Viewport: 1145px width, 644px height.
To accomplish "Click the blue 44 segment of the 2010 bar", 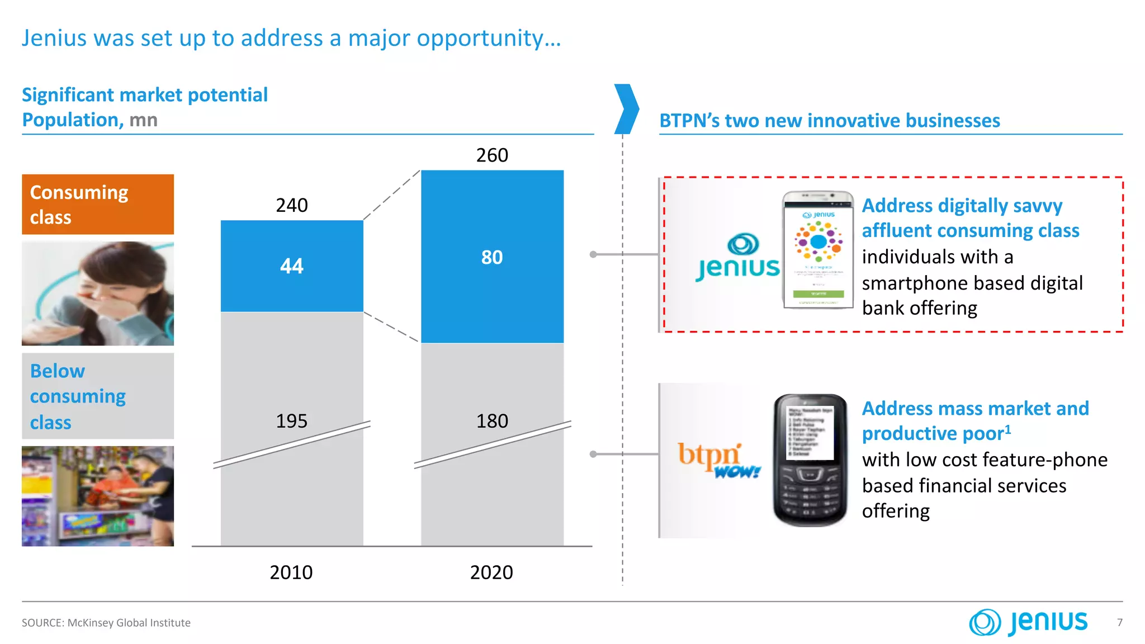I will (292, 266).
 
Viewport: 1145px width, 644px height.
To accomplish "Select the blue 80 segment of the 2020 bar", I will (492, 257).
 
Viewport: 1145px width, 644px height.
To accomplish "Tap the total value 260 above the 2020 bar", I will (492, 155).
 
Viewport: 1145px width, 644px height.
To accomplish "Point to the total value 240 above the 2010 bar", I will (292, 205).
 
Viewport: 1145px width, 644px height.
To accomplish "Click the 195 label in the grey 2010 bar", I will (292, 421).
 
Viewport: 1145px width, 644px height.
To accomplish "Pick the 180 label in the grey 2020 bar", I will (492, 421).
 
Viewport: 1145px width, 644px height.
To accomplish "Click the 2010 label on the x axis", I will (291, 572).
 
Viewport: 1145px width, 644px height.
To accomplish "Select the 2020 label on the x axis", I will (491, 572).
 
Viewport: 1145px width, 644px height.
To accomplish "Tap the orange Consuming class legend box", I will (98, 205).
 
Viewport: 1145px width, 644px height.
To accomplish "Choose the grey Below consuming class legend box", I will (98, 396).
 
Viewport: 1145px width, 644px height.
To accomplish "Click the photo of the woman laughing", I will (98, 293).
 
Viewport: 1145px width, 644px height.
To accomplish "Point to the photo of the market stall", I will (98, 496).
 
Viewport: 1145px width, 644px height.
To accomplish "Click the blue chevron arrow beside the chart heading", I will (626, 109).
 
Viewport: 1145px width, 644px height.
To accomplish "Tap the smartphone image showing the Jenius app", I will (818, 250).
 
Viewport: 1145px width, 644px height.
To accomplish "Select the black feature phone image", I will (810, 460).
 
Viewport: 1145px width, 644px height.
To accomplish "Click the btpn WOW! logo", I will (718, 460).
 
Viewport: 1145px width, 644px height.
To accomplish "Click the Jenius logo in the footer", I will (1029, 622).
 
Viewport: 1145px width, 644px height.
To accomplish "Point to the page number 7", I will (1119, 622).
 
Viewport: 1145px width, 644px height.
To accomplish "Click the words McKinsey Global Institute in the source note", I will (129, 623).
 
